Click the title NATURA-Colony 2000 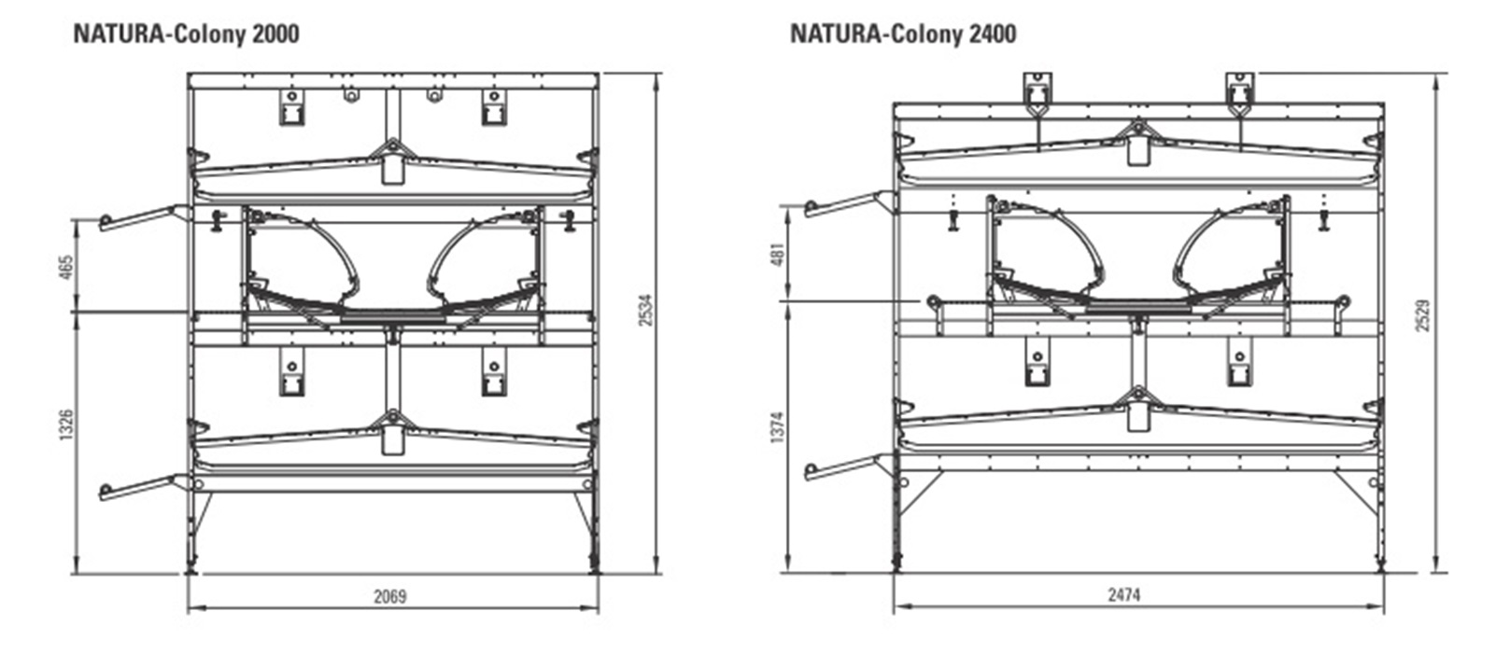[186, 35]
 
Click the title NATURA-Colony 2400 [903, 35]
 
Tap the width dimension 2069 [390, 596]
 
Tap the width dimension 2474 [1124, 593]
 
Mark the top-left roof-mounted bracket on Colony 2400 [1037, 91]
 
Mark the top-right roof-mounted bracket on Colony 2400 [1239, 91]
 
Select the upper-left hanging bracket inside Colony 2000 [291, 107]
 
